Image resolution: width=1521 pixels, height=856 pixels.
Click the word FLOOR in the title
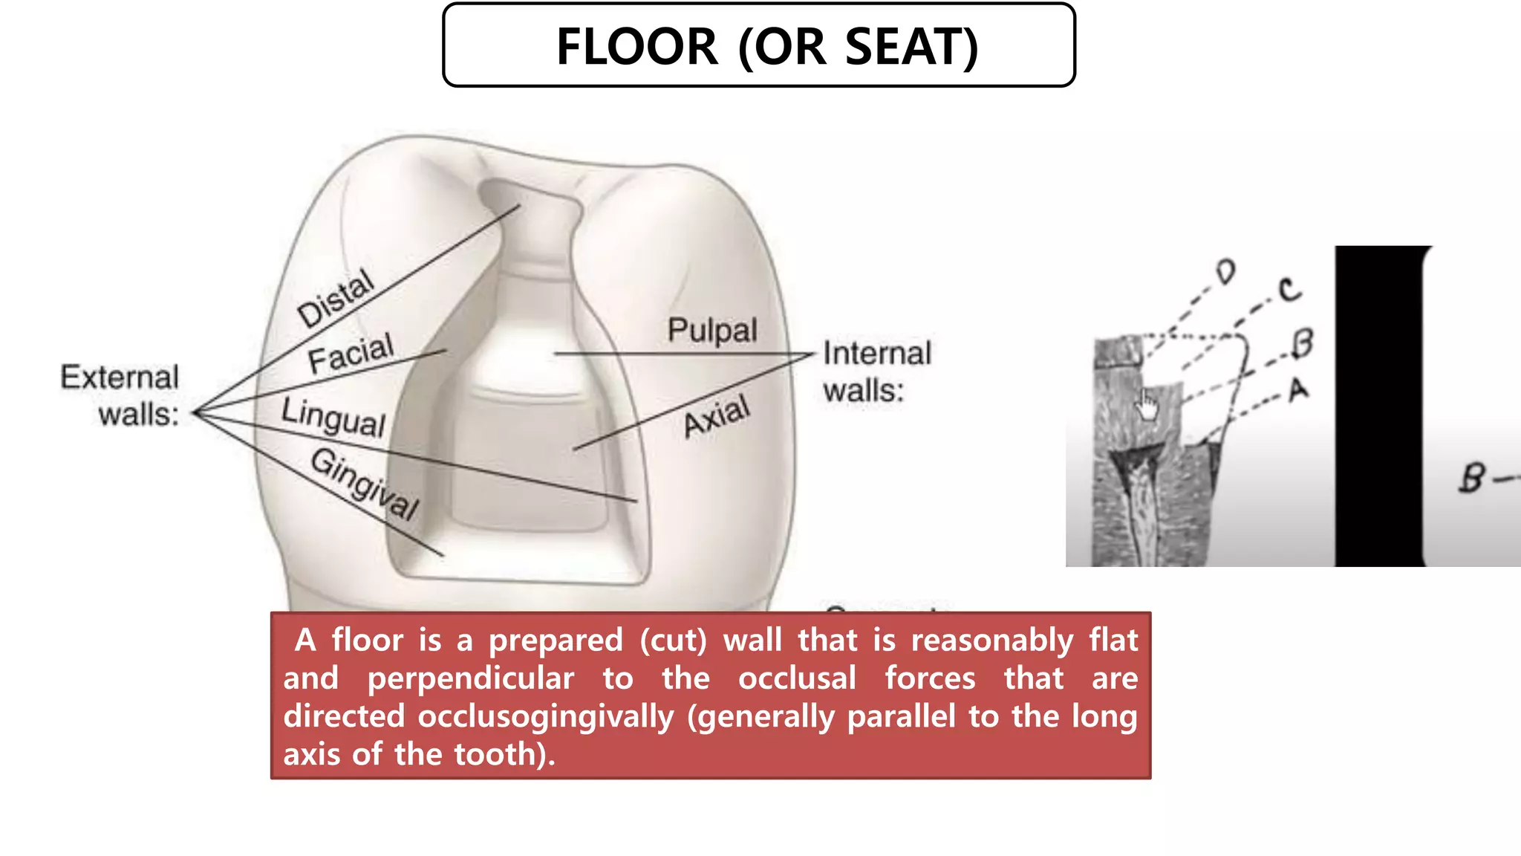click(x=637, y=47)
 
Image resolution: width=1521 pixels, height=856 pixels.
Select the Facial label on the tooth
click(x=351, y=353)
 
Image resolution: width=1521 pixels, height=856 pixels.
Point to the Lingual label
click(x=333, y=418)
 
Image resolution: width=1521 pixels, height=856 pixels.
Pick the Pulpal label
click(x=712, y=330)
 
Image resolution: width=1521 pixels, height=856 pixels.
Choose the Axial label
click(x=717, y=416)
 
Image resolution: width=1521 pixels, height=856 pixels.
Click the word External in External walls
click(x=120, y=377)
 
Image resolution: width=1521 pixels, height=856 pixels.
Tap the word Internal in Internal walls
click(x=877, y=354)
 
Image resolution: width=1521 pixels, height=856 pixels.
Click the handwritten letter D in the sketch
click(x=1226, y=272)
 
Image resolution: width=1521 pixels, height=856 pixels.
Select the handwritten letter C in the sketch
click(x=1290, y=289)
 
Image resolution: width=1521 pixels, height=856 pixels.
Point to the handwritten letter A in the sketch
click(x=1298, y=389)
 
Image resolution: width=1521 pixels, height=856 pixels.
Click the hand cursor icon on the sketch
click(x=1147, y=406)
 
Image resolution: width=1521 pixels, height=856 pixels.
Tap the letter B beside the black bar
click(x=1473, y=478)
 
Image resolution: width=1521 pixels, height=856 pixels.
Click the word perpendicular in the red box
click(x=470, y=678)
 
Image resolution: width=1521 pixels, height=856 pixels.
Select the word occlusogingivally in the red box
click(x=545, y=716)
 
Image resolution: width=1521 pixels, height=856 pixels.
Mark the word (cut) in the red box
click(x=673, y=641)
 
